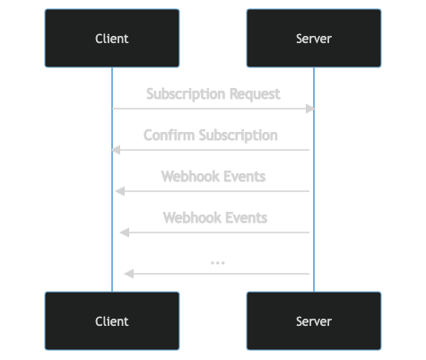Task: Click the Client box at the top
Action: click(112, 39)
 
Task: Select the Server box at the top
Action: click(314, 39)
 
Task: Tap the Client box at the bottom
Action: click(112, 320)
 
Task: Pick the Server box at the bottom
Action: click(314, 320)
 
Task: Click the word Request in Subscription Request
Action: click(254, 93)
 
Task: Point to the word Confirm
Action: click(168, 136)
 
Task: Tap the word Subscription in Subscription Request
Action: click(185, 93)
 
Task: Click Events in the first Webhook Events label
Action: click(245, 176)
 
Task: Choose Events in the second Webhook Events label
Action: click(247, 217)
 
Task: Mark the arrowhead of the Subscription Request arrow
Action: click(309, 109)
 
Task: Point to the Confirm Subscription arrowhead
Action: click(116, 150)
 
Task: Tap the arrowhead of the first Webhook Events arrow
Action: click(120, 191)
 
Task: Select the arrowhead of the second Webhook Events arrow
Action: click(125, 233)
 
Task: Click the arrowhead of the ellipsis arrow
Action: click(129, 274)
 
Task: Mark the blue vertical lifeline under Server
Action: click(314, 206)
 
